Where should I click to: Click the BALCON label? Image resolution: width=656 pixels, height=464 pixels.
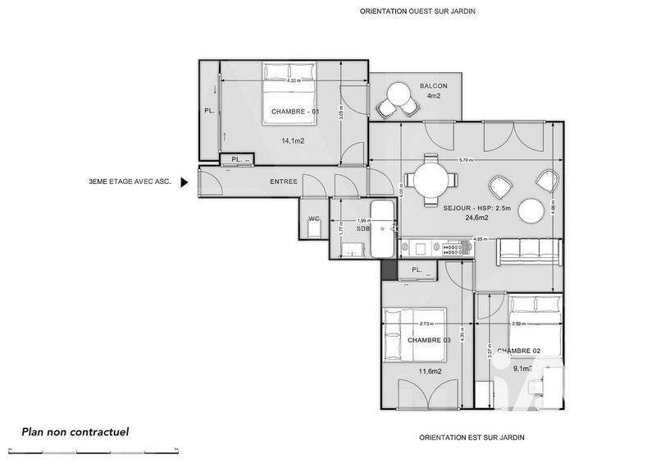[433, 86]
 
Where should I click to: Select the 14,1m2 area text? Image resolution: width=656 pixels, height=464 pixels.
[293, 141]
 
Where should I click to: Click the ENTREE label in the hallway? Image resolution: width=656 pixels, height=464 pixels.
[284, 181]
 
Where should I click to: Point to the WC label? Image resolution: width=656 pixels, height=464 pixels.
[313, 218]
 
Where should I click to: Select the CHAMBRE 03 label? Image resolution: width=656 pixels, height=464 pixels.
[429, 340]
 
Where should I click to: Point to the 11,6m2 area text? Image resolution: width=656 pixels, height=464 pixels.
[429, 370]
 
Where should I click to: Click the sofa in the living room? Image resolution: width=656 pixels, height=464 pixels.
[529, 250]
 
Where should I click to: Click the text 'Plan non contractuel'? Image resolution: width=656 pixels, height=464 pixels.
[75, 431]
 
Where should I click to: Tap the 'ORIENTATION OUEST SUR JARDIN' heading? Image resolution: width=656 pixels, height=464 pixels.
[418, 11]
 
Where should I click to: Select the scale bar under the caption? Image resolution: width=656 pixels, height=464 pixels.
[98, 449]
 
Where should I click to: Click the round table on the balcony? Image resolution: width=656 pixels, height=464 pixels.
[397, 94]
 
